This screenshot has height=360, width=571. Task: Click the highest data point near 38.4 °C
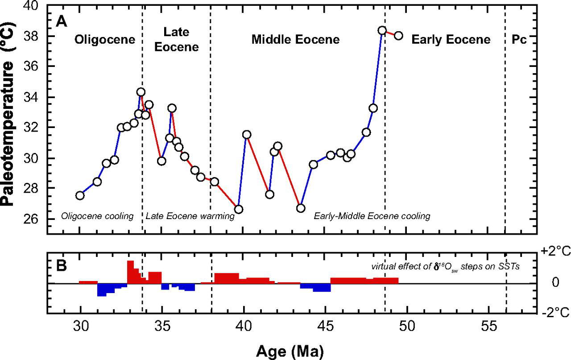pyautogui.click(x=382, y=30)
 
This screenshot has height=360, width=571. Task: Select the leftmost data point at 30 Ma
pyautogui.click(x=80, y=195)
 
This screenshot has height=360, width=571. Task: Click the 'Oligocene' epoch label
pyautogui.click(x=105, y=40)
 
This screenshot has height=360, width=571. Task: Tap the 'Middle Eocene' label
pyautogui.click(x=295, y=40)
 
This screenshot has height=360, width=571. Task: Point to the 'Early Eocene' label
pyautogui.click(x=451, y=40)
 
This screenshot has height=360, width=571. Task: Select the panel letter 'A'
pyautogui.click(x=61, y=21)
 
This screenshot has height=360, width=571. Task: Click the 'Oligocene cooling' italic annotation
pyautogui.click(x=97, y=217)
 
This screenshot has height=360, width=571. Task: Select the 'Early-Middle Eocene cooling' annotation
pyautogui.click(x=372, y=217)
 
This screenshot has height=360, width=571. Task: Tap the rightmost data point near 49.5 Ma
pyautogui.click(x=398, y=35)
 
